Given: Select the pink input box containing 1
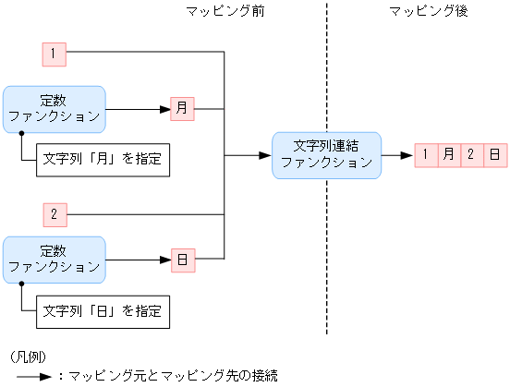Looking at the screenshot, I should click(x=55, y=54).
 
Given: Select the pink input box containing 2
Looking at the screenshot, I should click(x=55, y=215).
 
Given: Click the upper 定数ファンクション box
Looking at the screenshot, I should click(x=55, y=109).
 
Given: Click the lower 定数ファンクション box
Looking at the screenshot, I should click(x=55, y=260).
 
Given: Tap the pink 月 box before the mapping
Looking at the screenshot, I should click(x=182, y=109).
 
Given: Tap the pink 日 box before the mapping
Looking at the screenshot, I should click(x=182, y=260).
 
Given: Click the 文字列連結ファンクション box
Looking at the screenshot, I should click(x=325, y=154).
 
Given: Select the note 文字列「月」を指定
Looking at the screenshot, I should click(x=103, y=159).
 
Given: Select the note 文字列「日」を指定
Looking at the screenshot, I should click(x=103, y=311).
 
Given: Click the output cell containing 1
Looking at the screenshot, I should click(x=426, y=154).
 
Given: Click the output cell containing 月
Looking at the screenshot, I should click(x=449, y=154).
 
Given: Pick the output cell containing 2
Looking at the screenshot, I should click(x=471, y=154).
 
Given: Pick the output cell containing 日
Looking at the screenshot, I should click(x=494, y=154).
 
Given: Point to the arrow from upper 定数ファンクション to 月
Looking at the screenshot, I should click(x=138, y=109).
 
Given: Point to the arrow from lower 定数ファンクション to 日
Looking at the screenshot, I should click(x=138, y=260).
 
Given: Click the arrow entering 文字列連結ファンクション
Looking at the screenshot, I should click(x=249, y=155).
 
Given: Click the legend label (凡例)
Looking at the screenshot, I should click(x=27, y=357).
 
